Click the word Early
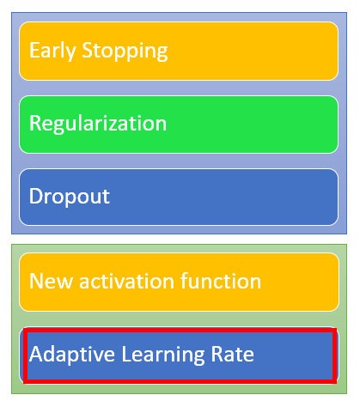pyautogui.click(x=52, y=51)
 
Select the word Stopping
pyautogui.click(x=125, y=51)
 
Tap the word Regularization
pyautogui.click(x=98, y=124)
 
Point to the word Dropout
pyautogui.click(x=70, y=197)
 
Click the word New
pyautogui.click(x=51, y=281)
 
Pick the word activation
pyautogui.click(x=126, y=281)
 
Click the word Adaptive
pyautogui.click(x=72, y=355)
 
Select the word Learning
pyautogui.click(x=163, y=355)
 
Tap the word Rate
pyautogui.click(x=232, y=354)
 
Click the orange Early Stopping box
pyautogui.click(x=179, y=51)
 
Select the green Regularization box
pyautogui.click(x=179, y=125)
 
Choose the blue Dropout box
pyautogui.click(x=179, y=197)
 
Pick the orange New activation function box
pyautogui.click(x=179, y=282)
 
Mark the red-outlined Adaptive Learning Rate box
pyautogui.click(x=180, y=355)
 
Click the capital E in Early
pyautogui.click(x=34, y=50)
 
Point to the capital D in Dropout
pyautogui.click(x=36, y=196)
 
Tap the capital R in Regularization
pyautogui.click(x=35, y=123)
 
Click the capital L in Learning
pyautogui.click(x=127, y=354)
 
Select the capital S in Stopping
pyautogui.click(x=88, y=50)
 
